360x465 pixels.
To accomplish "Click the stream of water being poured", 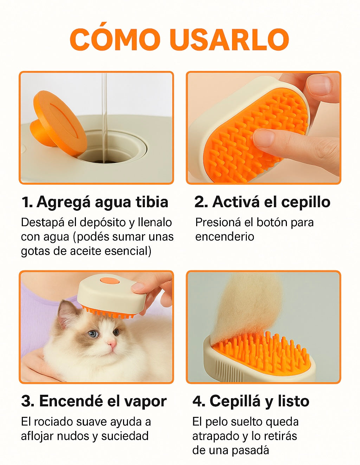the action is [x=104, y=118].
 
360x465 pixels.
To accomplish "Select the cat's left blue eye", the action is [x=93, y=334].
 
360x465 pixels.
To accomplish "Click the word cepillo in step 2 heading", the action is [x=306, y=202].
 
